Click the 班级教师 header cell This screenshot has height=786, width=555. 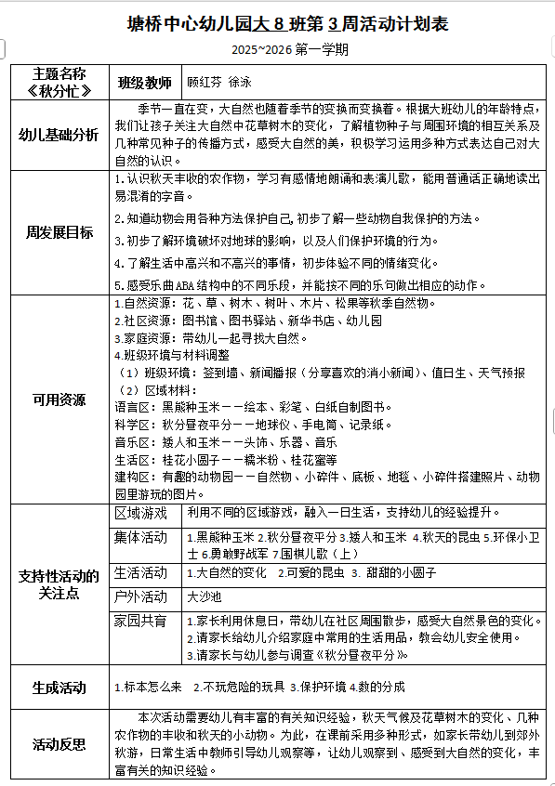tap(144, 82)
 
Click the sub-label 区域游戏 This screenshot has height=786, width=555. tap(141, 513)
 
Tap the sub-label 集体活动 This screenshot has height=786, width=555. tap(141, 538)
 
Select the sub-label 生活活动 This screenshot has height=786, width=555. tap(141, 572)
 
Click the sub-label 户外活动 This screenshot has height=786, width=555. tap(141, 596)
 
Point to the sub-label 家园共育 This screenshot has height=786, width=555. tap(141, 620)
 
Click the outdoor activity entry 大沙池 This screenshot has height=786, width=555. tap(205, 596)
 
